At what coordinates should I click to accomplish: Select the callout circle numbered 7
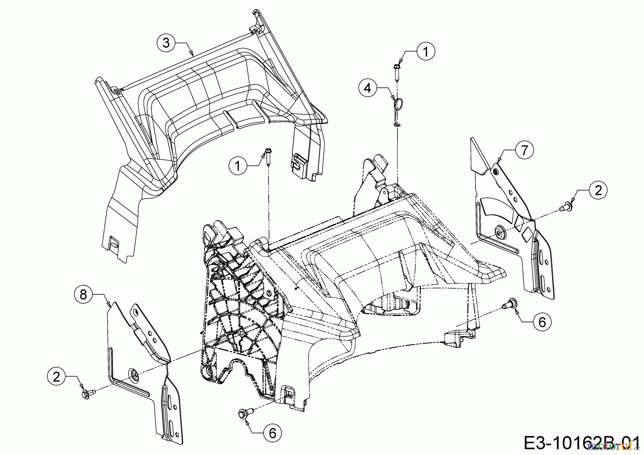coord(524,151)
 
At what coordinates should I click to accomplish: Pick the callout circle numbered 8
coord(83,295)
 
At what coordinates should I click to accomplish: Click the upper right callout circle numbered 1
coord(425,52)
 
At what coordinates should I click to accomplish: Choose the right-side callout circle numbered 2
coord(598,190)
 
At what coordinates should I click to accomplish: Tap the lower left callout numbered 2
coord(57,377)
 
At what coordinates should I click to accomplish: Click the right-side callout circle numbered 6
coord(542,322)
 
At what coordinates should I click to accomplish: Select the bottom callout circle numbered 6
coord(273,434)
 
